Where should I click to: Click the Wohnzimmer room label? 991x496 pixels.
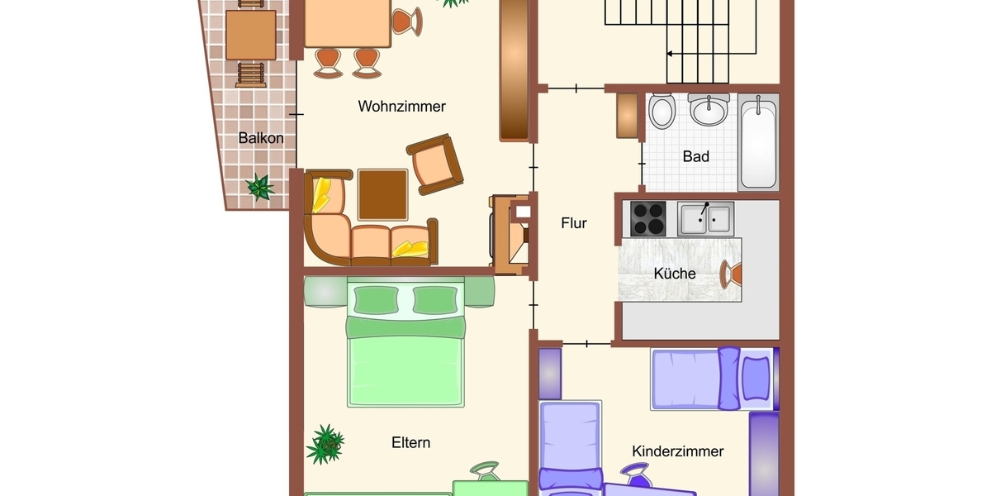point(401,107)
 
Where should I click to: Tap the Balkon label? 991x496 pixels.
point(260,138)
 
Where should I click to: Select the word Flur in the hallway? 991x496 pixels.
point(573,223)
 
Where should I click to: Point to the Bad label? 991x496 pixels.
point(695,156)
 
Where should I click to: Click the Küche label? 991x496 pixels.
point(675,274)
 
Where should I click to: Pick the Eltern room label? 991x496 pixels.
point(410,443)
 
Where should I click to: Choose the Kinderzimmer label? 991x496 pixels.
point(677,451)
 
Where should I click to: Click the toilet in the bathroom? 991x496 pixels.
point(661,112)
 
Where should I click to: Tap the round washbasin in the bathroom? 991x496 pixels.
point(709,109)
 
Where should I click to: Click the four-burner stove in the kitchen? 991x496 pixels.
point(648,218)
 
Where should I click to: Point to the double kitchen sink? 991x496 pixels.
point(705,219)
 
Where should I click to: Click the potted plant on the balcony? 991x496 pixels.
point(261,187)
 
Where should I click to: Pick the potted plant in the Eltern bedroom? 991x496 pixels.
point(325,444)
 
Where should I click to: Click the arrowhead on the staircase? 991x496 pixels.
point(671,55)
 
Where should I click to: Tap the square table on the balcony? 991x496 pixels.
point(250,35)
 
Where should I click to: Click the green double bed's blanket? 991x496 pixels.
point(407,368)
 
